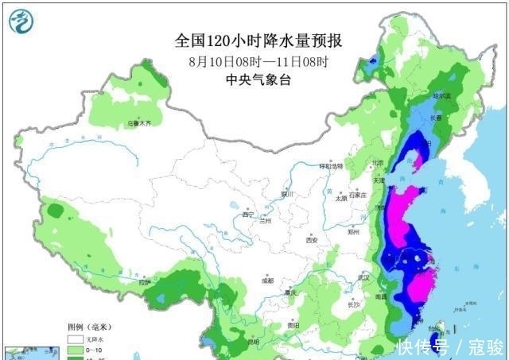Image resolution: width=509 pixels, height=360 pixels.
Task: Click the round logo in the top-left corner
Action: tap(23, 22)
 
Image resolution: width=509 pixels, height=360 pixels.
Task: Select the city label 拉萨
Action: tap(143, 282)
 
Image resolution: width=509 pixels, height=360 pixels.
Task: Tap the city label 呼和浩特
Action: tap(330, 167)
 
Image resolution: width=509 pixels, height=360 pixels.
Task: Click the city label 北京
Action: tap(377, 165)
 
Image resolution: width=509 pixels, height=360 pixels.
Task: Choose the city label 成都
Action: tap(266, 281)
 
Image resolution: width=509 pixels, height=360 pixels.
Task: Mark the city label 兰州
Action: tap(267, 220)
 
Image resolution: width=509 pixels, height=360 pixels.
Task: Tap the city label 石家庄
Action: tap(360, 193)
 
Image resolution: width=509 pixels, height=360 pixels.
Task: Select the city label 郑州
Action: tap(354, 234)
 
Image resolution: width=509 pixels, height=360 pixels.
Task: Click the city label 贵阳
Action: tap(293, 325)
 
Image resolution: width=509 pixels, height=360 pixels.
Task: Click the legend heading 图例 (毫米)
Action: tap(86, 327)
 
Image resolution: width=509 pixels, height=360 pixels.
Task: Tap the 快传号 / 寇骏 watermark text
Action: tap(450, 346)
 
